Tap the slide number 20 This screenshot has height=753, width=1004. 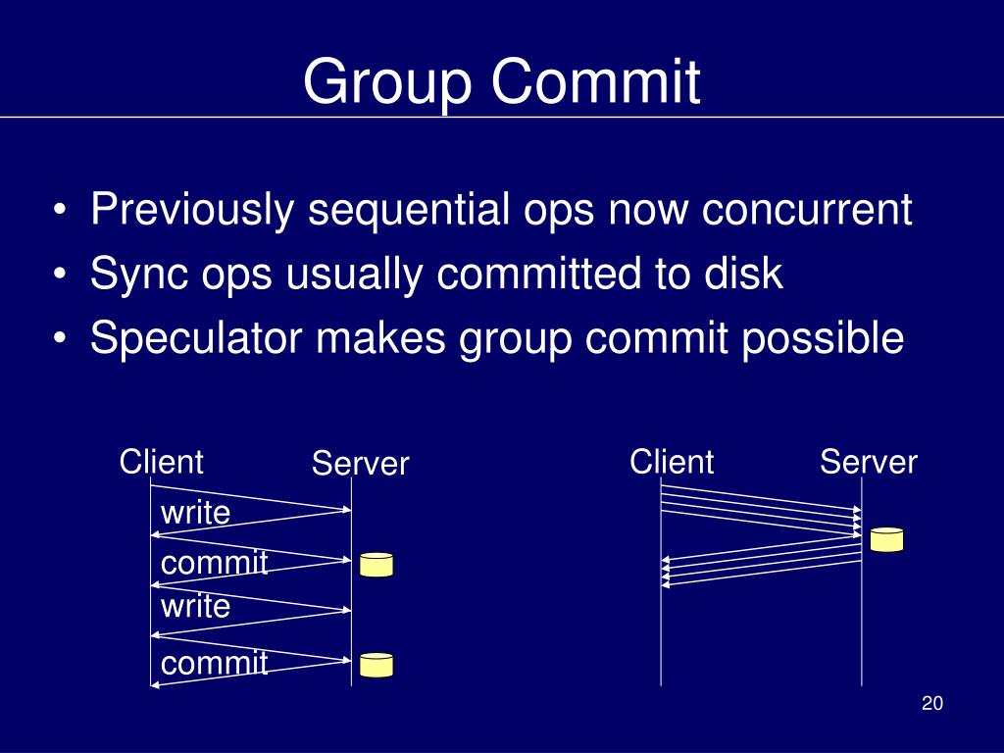pyautogui.click(x=931, y=704)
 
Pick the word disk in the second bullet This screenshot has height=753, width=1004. pyautogui.click(x=740, y=274)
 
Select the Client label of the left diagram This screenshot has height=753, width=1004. pyautogui.click(x=161, y=461)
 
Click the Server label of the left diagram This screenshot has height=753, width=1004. pyautogui.click(x=360, y=463)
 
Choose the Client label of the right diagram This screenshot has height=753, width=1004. pyautogui.click(x=672, y=461)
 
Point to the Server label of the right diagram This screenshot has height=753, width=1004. pyautogui.click(x=869, y=461)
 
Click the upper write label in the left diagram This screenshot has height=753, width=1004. pyautogui.click(x=195, y=512)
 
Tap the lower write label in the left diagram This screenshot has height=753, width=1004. pyautogui.click(x=195, y=606)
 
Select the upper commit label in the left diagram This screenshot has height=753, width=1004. pyautogui.click(x=214, y=563)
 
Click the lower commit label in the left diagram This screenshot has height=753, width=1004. pyautogui.click(x=214, y=664)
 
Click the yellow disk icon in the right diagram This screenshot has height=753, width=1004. pyautogui.click(x=886, y=539)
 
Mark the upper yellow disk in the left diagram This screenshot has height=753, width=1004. pyautogui.click(x=376, y=565)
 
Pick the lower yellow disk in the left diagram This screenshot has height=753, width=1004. pyautogui.click(x=376, y=666)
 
